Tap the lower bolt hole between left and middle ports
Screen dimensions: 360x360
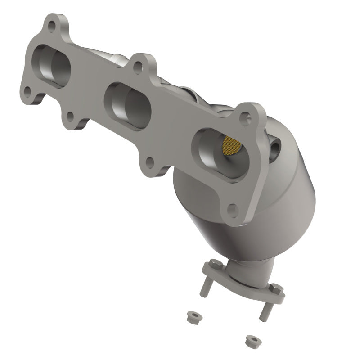(x=70, y=117)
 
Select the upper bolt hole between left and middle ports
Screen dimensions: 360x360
(x=139, y=67)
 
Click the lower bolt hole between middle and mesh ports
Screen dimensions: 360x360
(x=150, y=162)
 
